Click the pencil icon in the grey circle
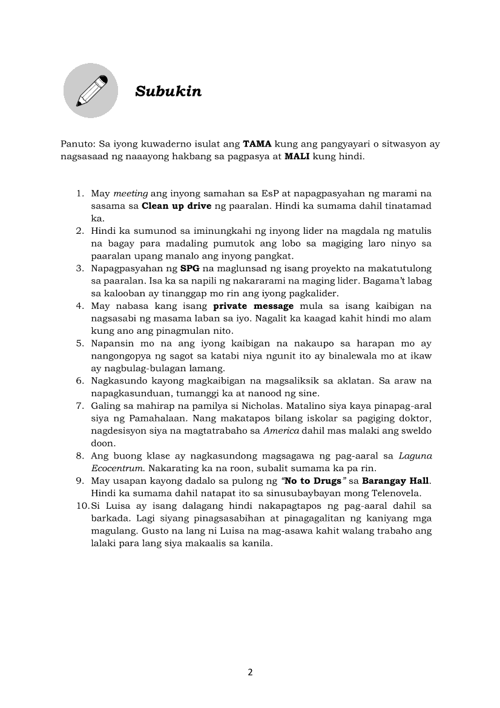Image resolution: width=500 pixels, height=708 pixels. point(91,91)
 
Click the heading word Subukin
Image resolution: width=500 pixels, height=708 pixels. point(168,91)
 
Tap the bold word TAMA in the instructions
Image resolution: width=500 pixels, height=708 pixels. point(257,144)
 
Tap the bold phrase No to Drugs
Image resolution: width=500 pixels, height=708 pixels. point(314,481)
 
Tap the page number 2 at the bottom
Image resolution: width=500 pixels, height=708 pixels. point(250,672)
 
